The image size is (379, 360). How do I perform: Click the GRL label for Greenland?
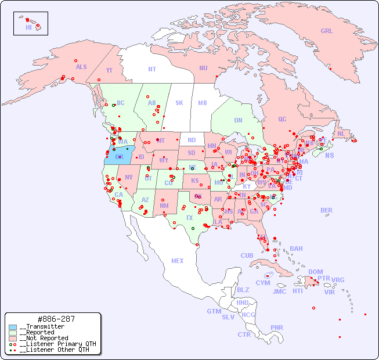327,31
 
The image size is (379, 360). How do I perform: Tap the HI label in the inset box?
28,27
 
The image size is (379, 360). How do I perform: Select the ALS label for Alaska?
81,67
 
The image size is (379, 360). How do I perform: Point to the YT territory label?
109,70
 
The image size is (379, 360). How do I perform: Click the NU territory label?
203,68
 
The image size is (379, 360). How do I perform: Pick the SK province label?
179,103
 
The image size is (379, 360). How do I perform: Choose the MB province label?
202,103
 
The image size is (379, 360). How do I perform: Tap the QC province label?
282,119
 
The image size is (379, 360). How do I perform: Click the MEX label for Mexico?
178,261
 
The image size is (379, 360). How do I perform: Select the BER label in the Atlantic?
326,210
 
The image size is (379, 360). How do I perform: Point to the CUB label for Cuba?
247,255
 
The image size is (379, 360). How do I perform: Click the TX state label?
189,218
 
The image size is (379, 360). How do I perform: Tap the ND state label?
192,140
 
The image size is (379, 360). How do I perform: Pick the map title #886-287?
55,319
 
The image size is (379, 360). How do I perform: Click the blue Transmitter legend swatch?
13,327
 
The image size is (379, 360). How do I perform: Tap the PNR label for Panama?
277,327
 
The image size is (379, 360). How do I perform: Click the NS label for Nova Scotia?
329,155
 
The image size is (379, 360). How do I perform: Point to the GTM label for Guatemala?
214,311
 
